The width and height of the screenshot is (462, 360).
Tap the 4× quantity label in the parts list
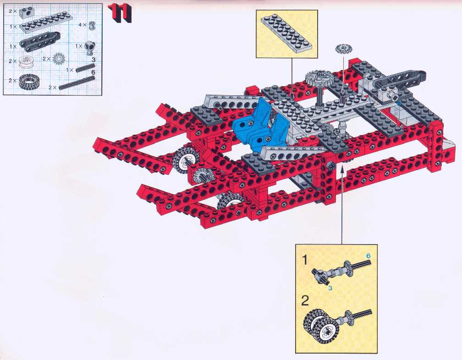(82, 25)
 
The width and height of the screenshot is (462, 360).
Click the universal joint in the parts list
(89, 47)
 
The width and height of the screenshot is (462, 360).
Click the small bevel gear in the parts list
(58, 59)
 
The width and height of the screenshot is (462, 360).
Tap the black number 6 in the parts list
(93, 72)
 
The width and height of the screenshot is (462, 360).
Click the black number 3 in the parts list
(93, 60)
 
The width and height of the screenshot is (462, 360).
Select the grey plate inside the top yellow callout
(286, 34)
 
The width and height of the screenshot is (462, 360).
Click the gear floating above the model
(344, 49)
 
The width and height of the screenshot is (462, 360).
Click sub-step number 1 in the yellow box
(305, 260)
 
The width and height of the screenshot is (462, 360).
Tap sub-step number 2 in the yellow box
(305, 300)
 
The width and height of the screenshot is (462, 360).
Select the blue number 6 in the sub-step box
(368, 256)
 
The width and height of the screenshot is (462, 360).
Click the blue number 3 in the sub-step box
(330, 288)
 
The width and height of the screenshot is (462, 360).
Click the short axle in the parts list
(85, 68)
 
